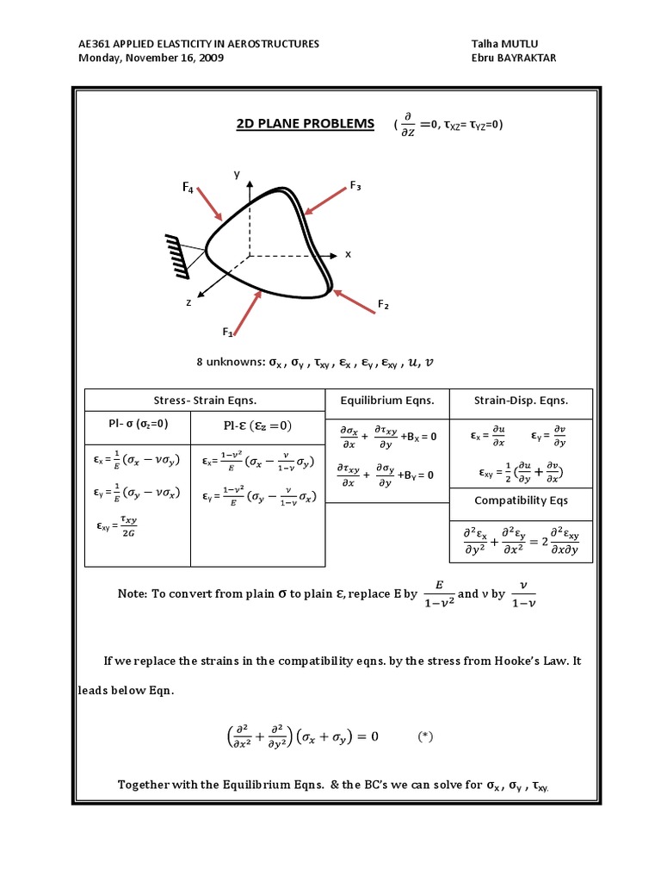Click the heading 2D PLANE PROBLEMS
click(x=305, y=124)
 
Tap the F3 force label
click(x=355, y=185)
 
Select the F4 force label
click(x=187, y=186)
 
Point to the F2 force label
click(x=383, y=304)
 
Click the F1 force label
click(x=228, y=332)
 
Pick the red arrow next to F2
click(x=354, y=302)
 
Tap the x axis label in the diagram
click(x=349, y=254)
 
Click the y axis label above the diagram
click(x=235, y=174)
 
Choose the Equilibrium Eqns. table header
click(x=387, y=401)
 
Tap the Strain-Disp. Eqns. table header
click(x=521, y=401)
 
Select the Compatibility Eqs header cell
click(x=521, y=500)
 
